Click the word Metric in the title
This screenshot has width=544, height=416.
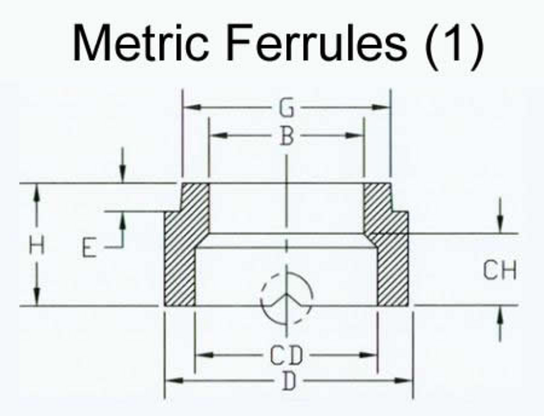pyautogui.click(x=141, y=42)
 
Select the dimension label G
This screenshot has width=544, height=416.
pyautogui.click(x=286, y=108)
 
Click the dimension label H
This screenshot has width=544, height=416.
pyautogui.click(x=37, y=244)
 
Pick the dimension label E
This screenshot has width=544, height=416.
pyautogui.click(x=89, y=248)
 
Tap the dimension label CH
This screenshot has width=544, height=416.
pyautogui.click(x=500, y=270)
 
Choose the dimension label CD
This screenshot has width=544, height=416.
pyautogui.click(x=286, y=355)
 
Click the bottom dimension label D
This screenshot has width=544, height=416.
pyautogui.click(x=288, y=381)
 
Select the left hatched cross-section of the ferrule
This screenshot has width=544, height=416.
pyautogui.click(x=185, y=244)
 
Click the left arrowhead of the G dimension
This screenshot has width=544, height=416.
pyautogui.click(x=192, y=107)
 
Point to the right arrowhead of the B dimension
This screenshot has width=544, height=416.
pyautogui.click(x=354, y=135)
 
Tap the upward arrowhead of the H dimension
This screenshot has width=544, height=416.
pyautogui.click(x=37, y=192)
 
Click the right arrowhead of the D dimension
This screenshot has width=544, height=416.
pyautogui.click(x=404, y=381)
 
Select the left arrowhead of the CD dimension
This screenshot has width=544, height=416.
pyautogui.click(x=204, y=355)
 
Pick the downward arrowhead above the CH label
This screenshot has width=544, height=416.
pyautogui.click(x=499, y=224)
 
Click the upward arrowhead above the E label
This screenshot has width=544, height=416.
pyautogui.click(x=122, y=220)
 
